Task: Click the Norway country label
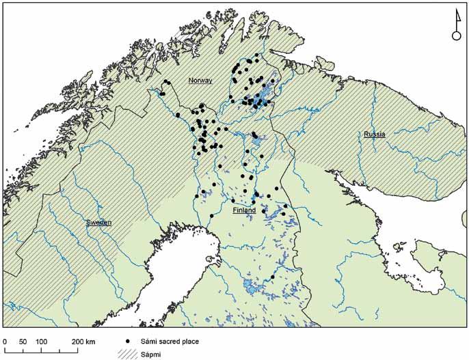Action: point(200,81)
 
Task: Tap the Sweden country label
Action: point(98,223)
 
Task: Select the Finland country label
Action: point(244,211)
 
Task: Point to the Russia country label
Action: point(374,135)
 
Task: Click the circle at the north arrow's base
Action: point(456,36)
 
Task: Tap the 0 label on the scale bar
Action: point(5,341)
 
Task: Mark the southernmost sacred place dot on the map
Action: point(273,277)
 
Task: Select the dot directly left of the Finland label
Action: point(233,201)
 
